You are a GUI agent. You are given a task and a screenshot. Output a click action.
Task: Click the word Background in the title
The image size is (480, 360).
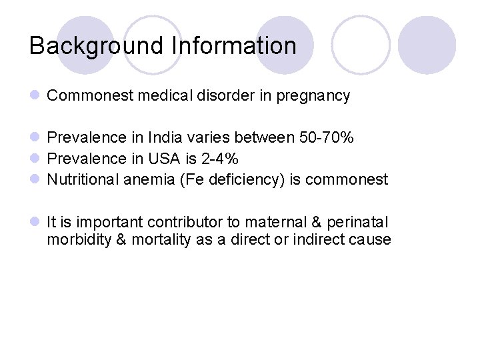tap(97, 46)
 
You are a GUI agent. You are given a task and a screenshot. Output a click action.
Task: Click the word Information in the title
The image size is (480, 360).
tap(234, 46)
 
